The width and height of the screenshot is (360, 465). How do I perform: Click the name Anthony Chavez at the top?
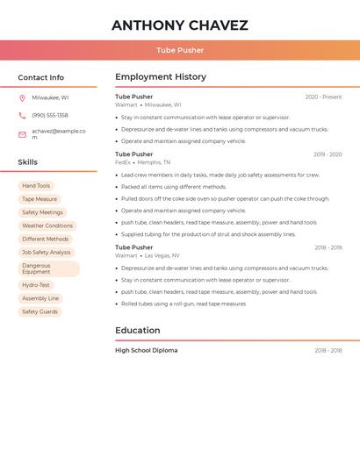coord(179,25)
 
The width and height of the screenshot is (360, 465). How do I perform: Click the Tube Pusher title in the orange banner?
coord(179,50)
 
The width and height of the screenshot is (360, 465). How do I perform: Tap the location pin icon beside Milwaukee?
coord(22,98)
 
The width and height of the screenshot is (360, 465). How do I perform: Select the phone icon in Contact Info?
coord(22,116)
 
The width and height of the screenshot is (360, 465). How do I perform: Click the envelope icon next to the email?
coord(22,134)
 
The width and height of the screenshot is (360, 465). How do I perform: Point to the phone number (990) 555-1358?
coord(50,116)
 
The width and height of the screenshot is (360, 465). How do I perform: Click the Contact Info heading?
coord(40,78)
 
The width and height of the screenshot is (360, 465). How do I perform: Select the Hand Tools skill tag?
coord(36,186)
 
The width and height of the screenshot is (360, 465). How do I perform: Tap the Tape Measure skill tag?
coord(40,199)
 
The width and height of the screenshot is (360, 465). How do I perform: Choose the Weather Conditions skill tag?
coord(47,225)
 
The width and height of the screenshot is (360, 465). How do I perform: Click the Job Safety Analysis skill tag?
coord(47,252)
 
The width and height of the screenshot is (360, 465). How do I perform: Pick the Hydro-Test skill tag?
coord(36,285)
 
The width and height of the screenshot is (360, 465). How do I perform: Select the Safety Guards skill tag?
coord(40,311)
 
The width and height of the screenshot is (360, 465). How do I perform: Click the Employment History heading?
coord(160,77)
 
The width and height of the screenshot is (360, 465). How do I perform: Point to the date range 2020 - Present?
coord(323,97)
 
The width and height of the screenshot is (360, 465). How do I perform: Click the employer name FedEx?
coord(122,162)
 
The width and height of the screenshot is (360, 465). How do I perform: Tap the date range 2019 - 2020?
coord(328,154)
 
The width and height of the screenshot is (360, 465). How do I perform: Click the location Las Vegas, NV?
coord(162,255)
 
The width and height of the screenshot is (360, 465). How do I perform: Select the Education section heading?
coord(137,331)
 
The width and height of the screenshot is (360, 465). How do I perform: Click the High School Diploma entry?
coord(146,351)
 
